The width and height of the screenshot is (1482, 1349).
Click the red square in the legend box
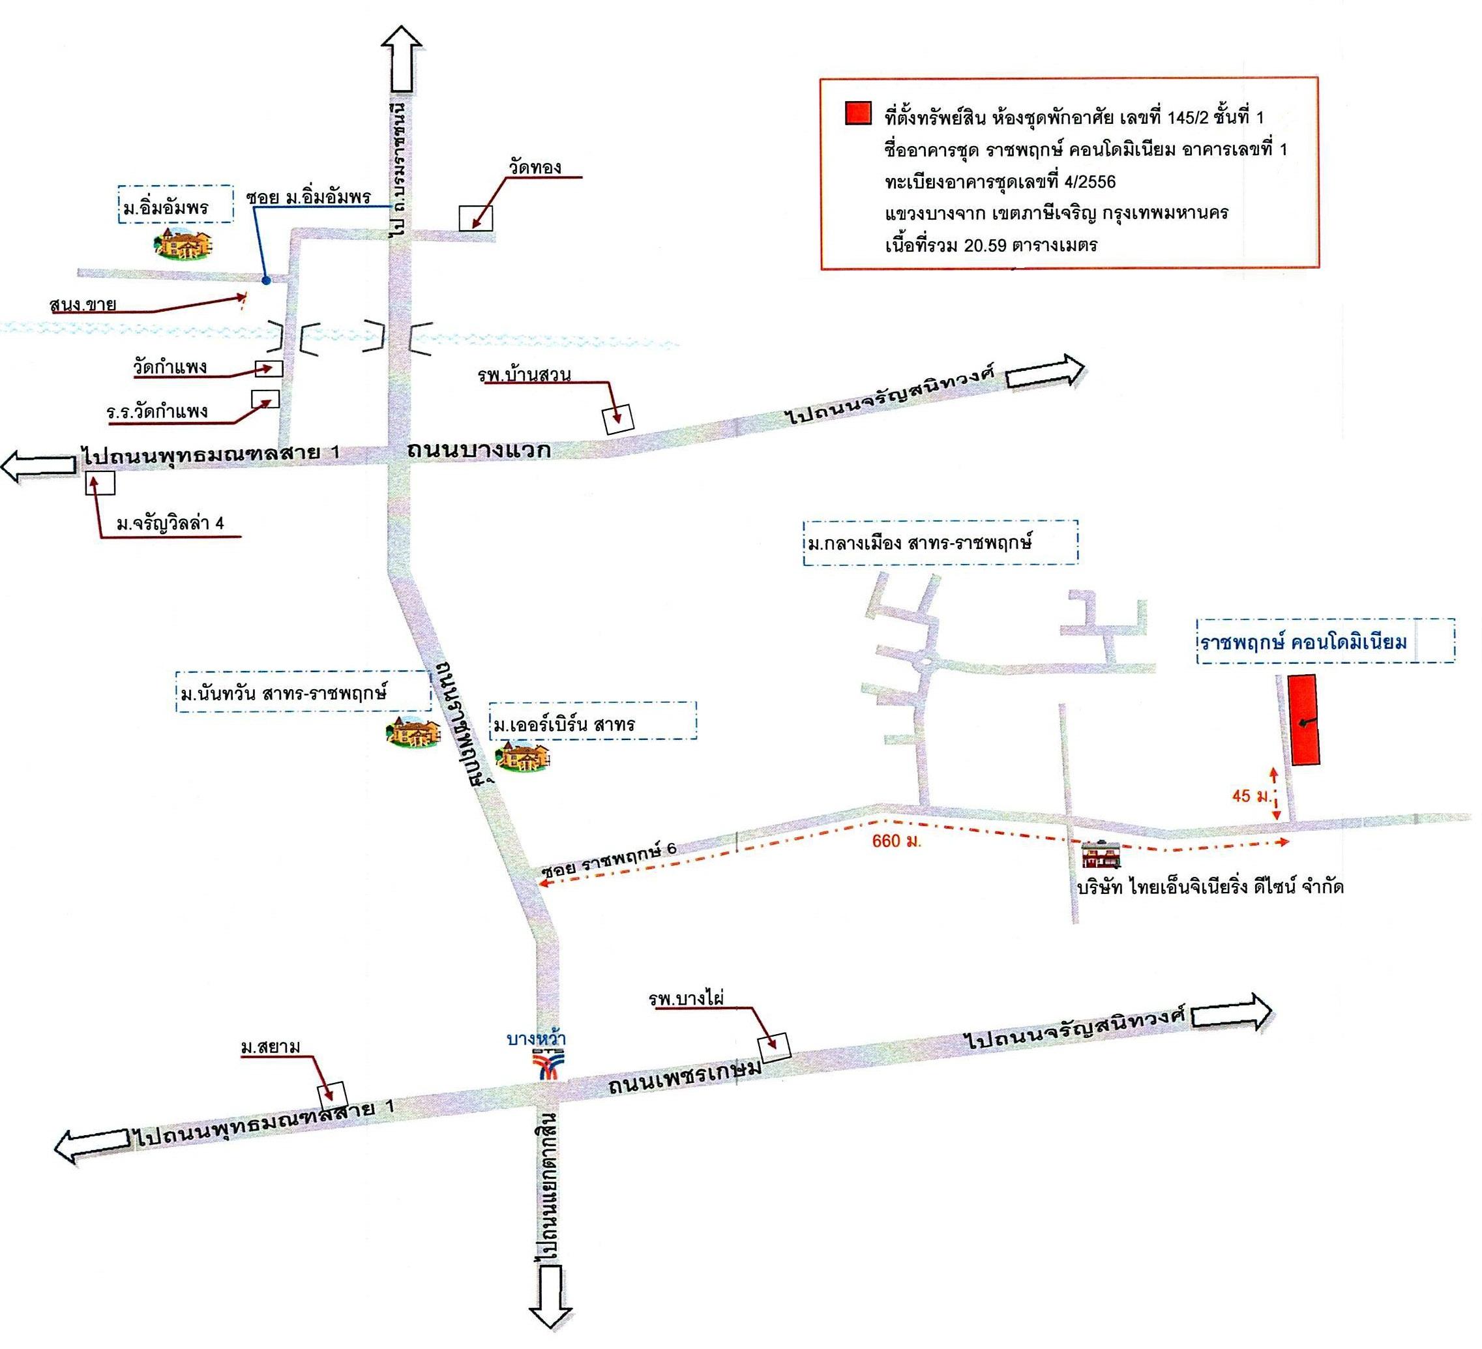858,113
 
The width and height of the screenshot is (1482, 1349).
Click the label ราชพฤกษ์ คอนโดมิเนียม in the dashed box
1303,642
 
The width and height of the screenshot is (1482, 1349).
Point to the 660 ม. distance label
896,840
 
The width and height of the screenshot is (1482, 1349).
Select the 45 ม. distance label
1252,795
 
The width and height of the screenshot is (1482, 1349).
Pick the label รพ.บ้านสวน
524,375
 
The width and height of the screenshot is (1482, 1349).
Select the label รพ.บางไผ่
687,998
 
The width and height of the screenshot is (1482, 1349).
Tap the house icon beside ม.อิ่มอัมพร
183,243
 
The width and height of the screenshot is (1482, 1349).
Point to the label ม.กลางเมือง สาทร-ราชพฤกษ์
919,542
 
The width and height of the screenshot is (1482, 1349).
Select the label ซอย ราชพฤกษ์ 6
610,858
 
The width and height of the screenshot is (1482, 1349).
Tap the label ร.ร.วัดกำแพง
157,411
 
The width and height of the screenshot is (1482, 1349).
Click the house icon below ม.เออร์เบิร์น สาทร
523,756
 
